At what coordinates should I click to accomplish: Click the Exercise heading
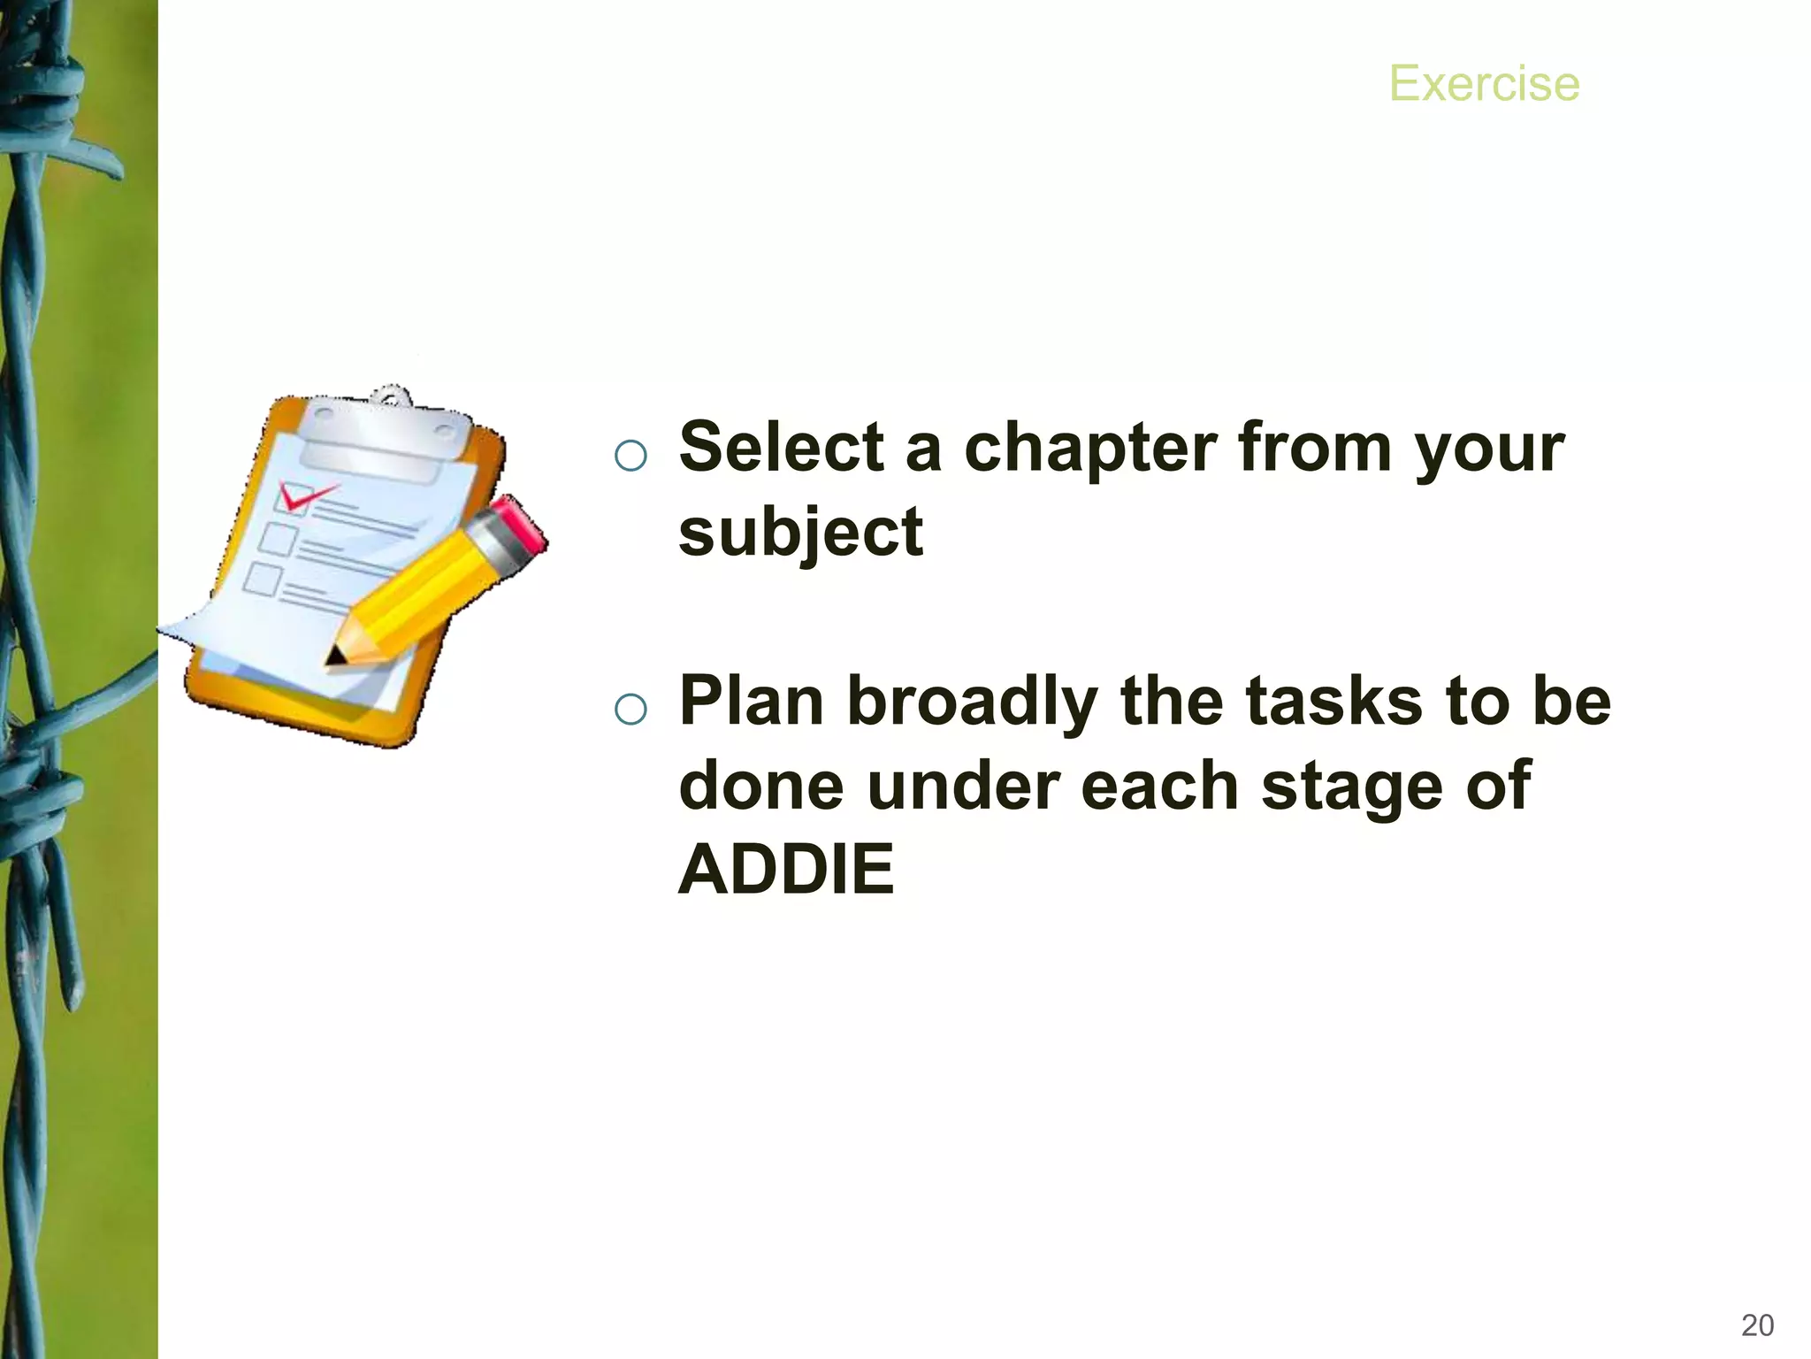point(1484,84)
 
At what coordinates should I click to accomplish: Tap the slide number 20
point(1757,1324)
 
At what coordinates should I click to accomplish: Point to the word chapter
point(1090,449)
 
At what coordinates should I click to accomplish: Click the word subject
point(800,534)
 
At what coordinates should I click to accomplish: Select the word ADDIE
point(786,870)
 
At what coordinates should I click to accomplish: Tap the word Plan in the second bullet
point(751,701)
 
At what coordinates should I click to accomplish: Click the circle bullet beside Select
point(630,456)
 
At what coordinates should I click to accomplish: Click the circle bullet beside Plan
point(630,709)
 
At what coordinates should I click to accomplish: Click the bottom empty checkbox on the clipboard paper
point(263,579)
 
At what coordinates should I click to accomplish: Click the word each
point(1159,786)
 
